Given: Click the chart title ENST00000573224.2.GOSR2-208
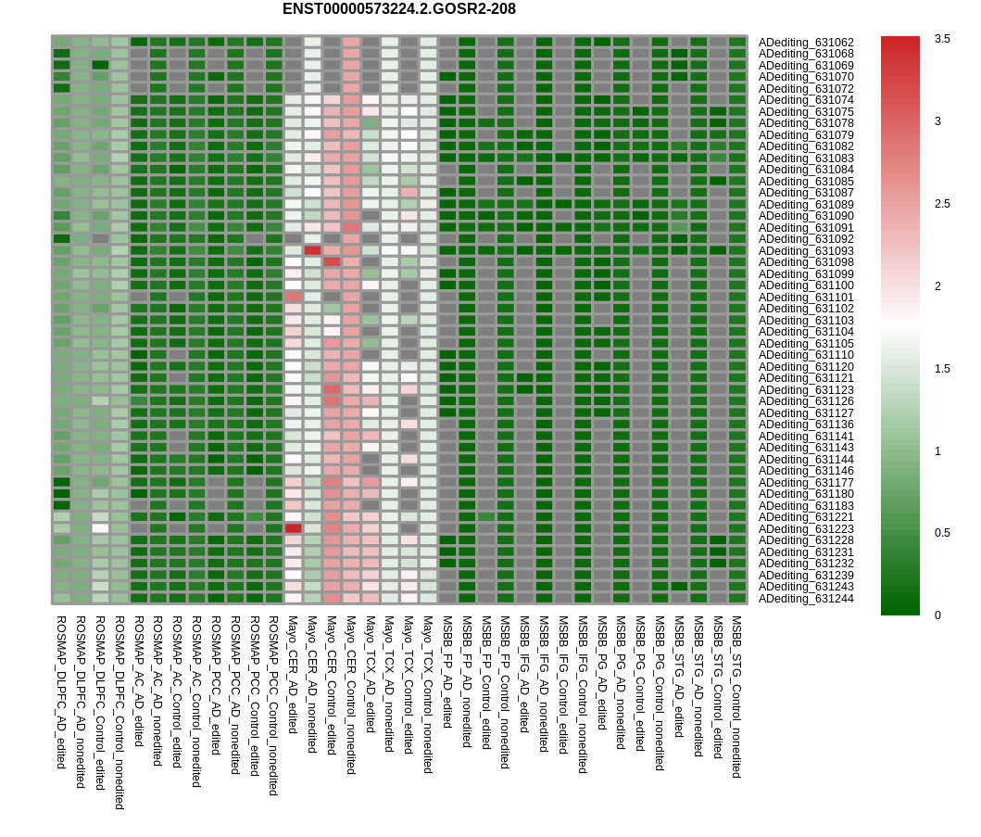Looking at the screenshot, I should click(398, 9).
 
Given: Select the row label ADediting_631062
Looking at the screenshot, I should click(806, 43).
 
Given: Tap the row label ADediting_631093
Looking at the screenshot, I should click(806, 251).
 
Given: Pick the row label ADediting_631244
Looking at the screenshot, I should click(806, 599).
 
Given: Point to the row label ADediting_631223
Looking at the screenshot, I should click(806, 529).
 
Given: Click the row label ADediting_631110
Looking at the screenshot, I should click(806, 355).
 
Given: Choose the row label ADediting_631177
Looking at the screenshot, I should click(806, 483).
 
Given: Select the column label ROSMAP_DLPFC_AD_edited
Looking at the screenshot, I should click(61, 691).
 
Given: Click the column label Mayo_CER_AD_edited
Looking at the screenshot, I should click(293, 675).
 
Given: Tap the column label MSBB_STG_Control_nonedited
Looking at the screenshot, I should click(737, 696).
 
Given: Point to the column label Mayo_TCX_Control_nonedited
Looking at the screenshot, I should click(428, 694).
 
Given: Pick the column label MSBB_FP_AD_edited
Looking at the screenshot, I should click(447, 671).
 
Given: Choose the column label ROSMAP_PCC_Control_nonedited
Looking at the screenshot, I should click(273, 705).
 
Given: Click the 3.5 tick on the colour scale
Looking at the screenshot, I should click(942, 39).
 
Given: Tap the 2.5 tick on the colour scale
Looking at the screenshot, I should click(942, 204).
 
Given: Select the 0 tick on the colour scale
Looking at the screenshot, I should click(938, 615).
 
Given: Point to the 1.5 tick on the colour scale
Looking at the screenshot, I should click(942, 369).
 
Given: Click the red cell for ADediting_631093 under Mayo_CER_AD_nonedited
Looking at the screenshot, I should click(312, 250).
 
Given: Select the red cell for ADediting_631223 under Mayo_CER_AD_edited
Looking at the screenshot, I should click(293, 528).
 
